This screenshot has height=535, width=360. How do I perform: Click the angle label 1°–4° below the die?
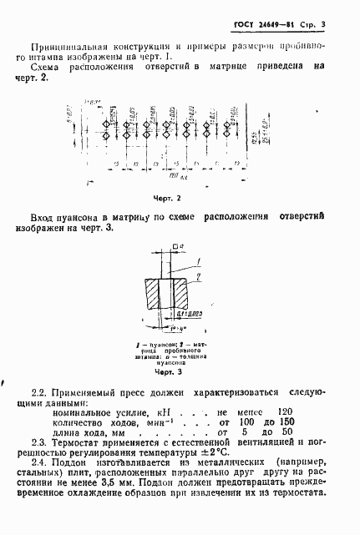click(176, 328)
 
